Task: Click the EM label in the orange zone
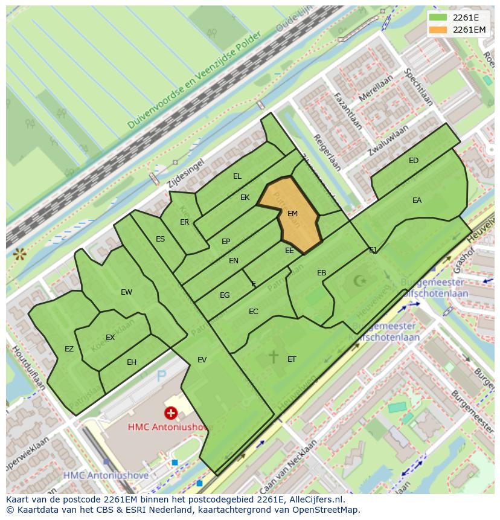click(x=292, y=214)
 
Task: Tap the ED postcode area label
click(x=414, y=161)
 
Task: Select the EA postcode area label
click(x=417, y=201)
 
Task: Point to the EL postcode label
click(x=237, y=176)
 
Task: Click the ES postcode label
click(x=160, y=239)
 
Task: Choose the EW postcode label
click(x=126, y=292)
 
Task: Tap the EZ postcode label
click(x=69, y=349)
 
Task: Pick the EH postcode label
click(x=132, y=362)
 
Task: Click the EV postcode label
click(x=202, y=360)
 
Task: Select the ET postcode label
click(x=292, y=359)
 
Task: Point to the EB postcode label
click(x=321, y=273)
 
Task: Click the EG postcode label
click(x=225, y=295)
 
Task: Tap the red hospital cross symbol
click(x=171, y=413)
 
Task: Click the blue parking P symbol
click(x=161, y=377)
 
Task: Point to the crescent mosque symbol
click(x=361, y=280)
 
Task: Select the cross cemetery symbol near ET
click(x=274, y=356)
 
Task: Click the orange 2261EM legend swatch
click(x=438, y=30)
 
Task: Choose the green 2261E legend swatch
click(x=438, y=18)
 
